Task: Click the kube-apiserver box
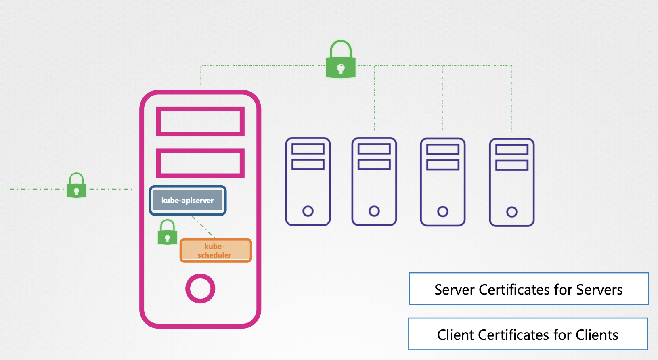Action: coord(188,201)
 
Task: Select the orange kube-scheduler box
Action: coord(216,251)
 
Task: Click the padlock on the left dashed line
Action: coord(76,186)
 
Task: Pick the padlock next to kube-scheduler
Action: coord(167,233)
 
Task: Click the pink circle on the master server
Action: coord(200,289)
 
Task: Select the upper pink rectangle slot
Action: coord(200,121)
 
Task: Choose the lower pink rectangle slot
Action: coord(200,163)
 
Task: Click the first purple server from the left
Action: coord(308,182)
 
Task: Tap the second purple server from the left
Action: coord(374,182)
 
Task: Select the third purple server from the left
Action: coord(443,182)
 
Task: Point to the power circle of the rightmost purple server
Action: coord(512,212)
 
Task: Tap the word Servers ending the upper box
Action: coord(599,290)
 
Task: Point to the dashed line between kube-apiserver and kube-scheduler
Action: coord(203,226)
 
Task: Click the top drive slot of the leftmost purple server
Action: coord(308,149)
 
